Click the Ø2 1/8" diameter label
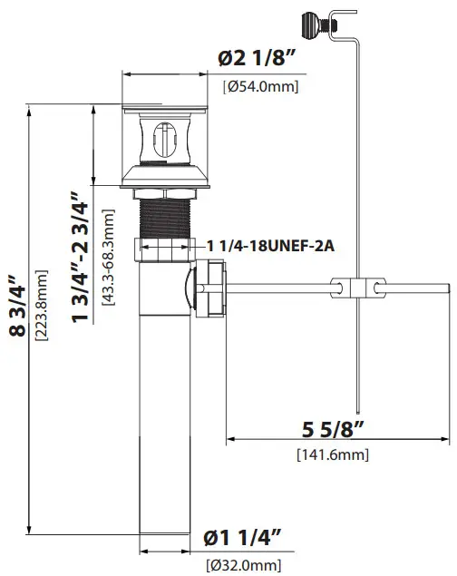pyautogui.click(x=259, y=59)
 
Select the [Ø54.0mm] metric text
pyautogui.click(x=260, y=86)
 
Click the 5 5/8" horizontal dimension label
pyautogui.click(x=333, y=427)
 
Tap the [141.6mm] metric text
pyautogui.click(x=332, y=454)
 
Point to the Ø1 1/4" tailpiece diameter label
pyautogui.click(x=240, y=538)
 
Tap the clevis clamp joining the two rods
pyautogui.click(x=357, y=288)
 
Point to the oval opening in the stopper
pyautogui.click(x=164, y=142)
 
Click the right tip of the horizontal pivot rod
pyautogui.click(x=448, y=288)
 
